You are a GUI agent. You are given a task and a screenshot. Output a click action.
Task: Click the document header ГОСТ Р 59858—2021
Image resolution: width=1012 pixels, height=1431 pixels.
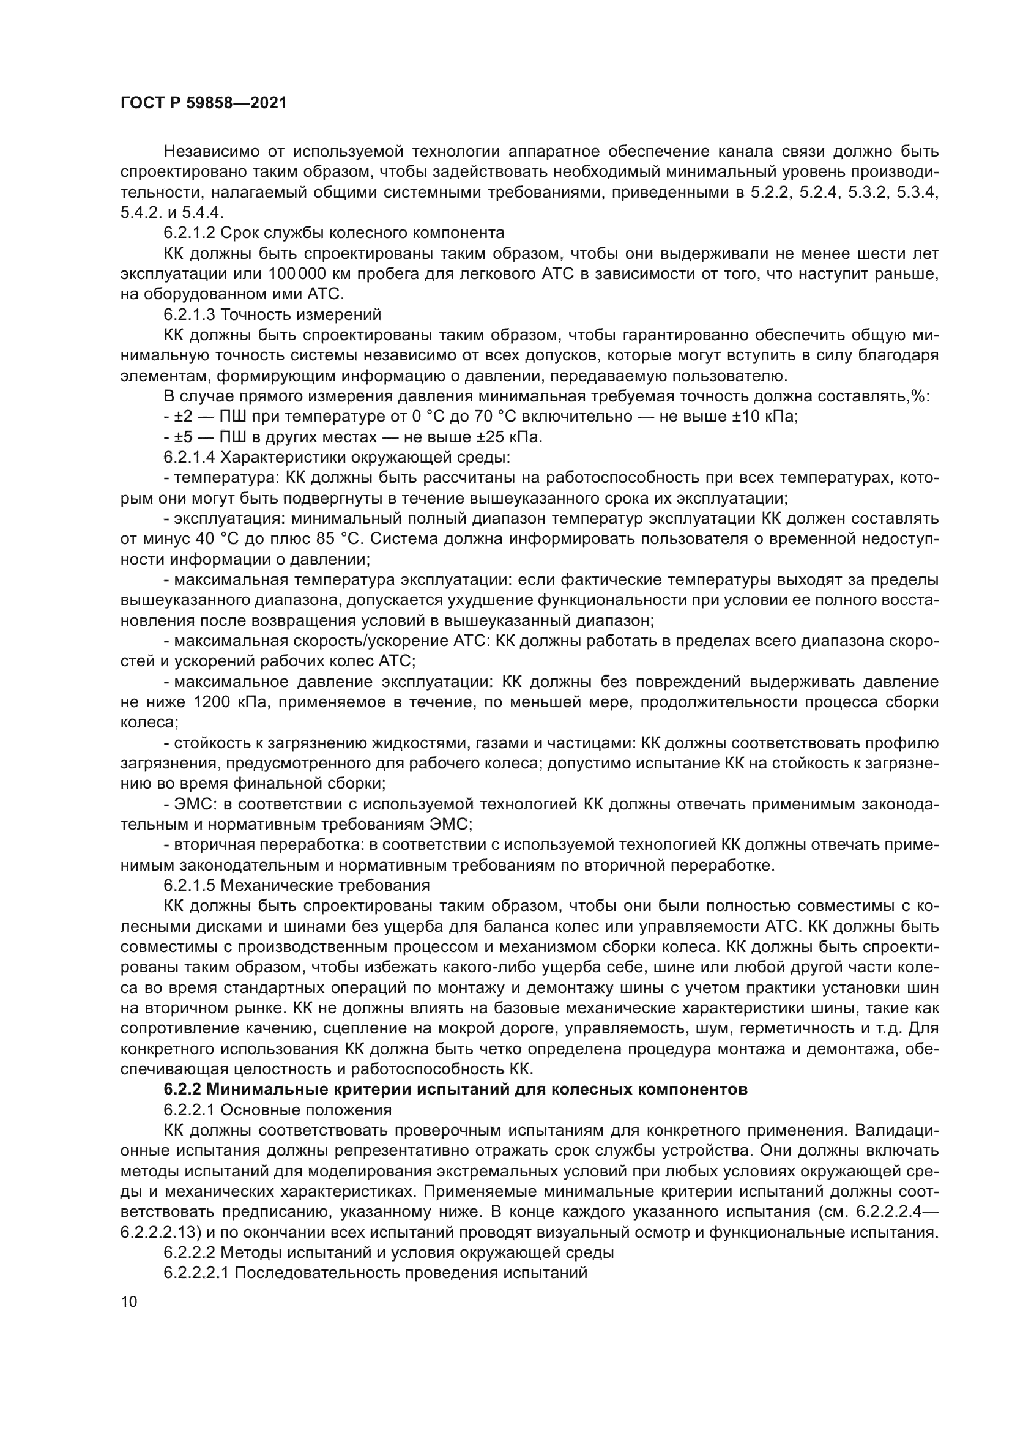(203, 103)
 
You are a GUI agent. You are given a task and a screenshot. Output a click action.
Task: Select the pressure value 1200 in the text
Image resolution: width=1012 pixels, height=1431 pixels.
(212, 702)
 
